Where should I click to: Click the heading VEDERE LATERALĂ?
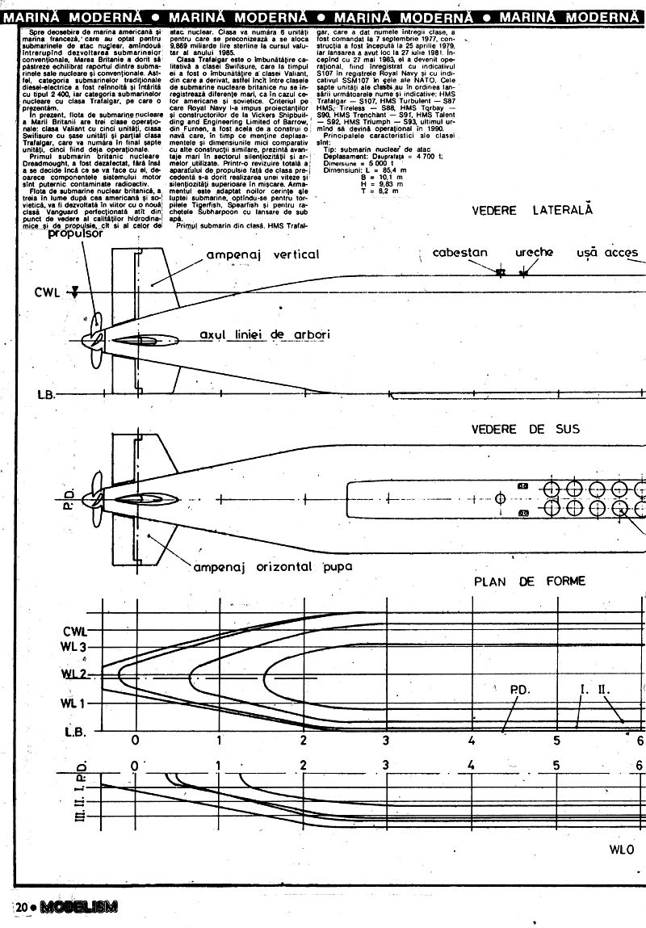pos(532,210)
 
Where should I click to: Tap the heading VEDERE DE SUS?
pos(525,429)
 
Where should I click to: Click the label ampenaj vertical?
pos(262,254)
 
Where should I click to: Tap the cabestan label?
pos(460,253)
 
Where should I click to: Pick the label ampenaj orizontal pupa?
pos(273,566)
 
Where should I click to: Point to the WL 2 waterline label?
pos(73,674)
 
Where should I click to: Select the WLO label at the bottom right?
pos(623,850)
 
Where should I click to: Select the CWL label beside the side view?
pos(46,292)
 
